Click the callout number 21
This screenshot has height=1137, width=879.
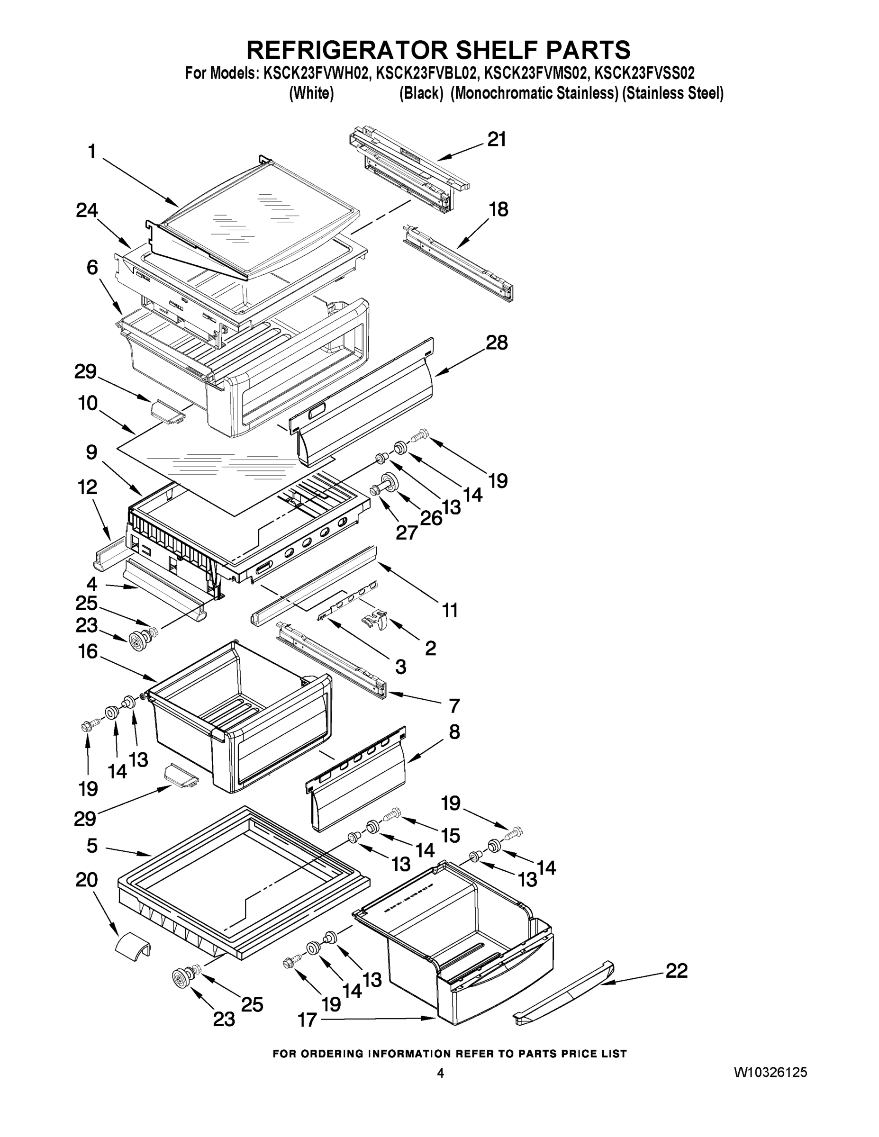496,140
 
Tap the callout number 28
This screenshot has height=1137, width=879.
496,343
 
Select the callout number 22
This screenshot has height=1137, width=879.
677,971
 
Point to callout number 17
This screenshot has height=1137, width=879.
307,1020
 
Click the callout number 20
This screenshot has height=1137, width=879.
86,880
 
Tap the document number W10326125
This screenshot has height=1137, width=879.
770,1072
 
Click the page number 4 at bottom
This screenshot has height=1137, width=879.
440,1073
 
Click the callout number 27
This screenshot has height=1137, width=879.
406,532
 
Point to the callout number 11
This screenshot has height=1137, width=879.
450,610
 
